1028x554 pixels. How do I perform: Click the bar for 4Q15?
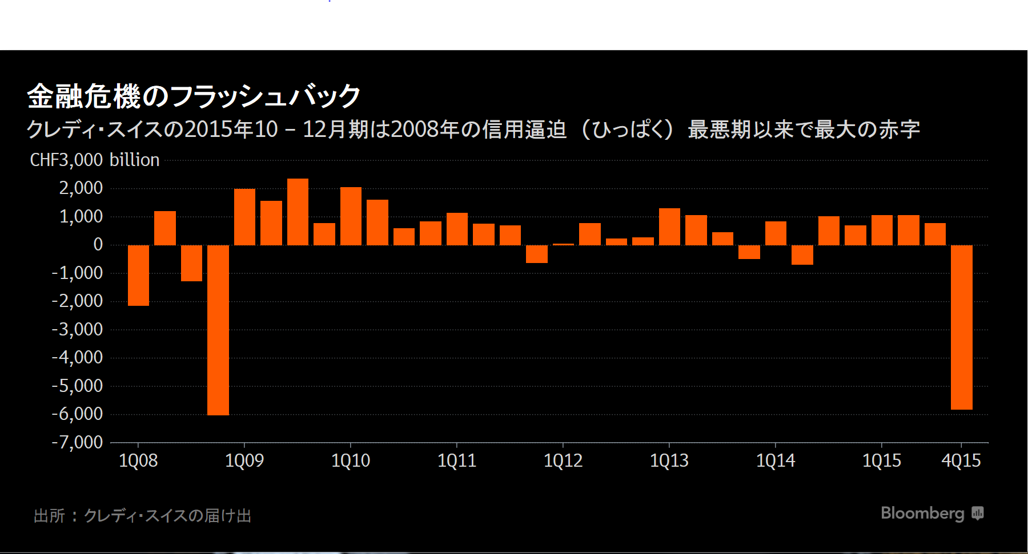(x=961, y=327)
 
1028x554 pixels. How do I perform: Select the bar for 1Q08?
(x=138, y=276)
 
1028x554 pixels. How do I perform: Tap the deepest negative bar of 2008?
(x=218, y=330)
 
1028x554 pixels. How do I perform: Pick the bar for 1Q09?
(x=244, y=217)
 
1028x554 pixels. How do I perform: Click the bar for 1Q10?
(x=351, y=216)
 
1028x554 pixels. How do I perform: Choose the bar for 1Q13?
(x=669, y=227)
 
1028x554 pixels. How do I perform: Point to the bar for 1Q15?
(x=882, y=230)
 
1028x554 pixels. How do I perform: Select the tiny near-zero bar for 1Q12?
(x=563, y=244)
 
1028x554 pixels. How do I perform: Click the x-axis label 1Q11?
(x=457, y=460)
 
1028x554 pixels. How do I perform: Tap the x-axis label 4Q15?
(x=961, y=460)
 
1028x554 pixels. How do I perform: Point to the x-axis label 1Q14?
(x=775, y=460)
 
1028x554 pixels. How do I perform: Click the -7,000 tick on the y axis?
(x=78, y=442)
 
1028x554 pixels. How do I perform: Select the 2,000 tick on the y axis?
(x=81, y=188)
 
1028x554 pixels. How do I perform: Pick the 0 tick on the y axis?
(x=98, y=245)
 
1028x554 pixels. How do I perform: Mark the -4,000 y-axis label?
(x=78, y=358)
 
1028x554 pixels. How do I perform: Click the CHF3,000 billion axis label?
(x=95, y=160)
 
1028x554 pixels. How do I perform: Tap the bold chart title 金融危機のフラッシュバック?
(x=194, y=96)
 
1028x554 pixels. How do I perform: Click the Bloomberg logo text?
(x=922, y=513)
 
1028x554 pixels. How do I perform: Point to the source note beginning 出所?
(x=143, y=516)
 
